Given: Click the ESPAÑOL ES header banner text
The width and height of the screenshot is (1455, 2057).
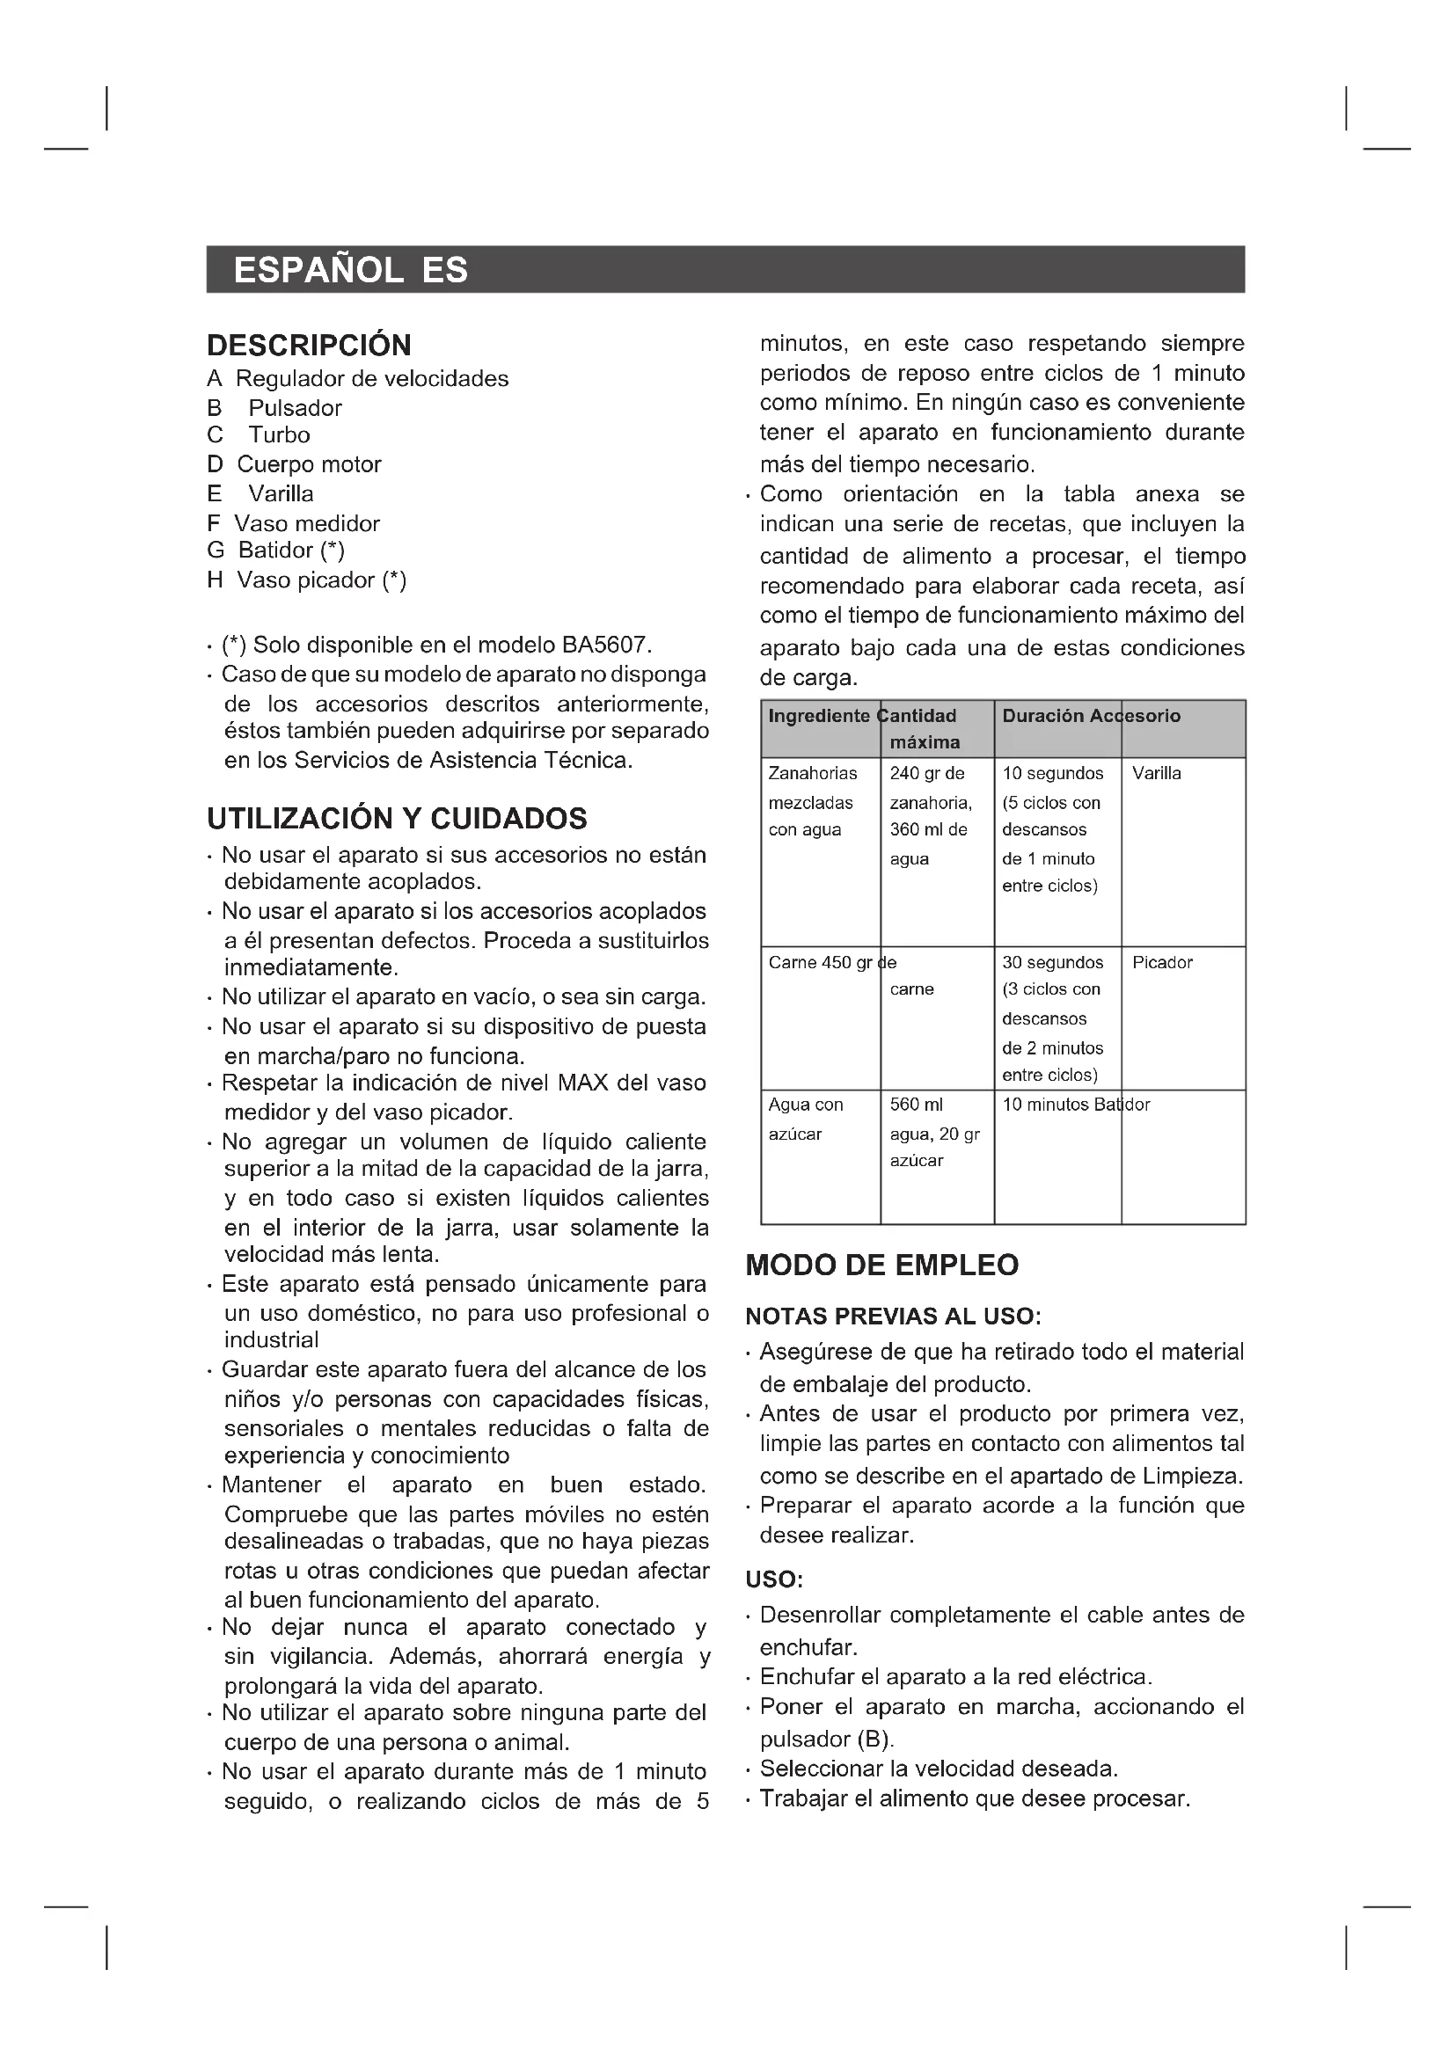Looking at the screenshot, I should coord(350,270).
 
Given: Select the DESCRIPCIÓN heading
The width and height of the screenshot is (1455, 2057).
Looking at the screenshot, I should coord(309,345).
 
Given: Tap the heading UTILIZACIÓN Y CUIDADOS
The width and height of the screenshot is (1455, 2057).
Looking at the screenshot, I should coord(397,818).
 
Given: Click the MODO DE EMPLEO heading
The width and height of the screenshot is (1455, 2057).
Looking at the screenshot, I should coord(881,1264).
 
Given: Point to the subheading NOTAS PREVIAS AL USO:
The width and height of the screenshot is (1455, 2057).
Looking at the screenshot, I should coord(893,1317).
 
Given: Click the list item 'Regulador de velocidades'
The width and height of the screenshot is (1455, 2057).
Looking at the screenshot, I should coord(372,379).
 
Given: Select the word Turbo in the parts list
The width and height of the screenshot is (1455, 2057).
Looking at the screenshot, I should coord(279,435).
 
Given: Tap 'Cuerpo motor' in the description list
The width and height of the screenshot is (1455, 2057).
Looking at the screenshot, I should coord(309,464).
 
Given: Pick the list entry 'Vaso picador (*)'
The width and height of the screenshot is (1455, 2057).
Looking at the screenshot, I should coord(322,580).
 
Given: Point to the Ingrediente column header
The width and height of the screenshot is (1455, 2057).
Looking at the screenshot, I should coord(819,716).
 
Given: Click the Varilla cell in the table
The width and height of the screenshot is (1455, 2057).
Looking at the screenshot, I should coord(1157,773).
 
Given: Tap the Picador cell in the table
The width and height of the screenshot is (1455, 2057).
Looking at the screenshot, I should coord(1162,962).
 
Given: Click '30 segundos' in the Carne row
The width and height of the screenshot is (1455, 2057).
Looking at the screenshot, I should coord(1052,962).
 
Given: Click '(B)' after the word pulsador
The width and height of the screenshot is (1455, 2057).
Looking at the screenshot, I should coord(875,1739).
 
